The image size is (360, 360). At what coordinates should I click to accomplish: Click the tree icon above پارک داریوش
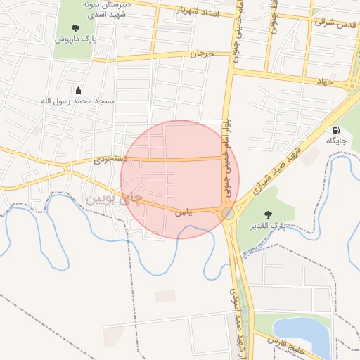pyautogui.click(x=75, y=29)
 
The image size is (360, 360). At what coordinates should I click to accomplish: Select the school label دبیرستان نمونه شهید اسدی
pyautogui.click(x=105, y=9)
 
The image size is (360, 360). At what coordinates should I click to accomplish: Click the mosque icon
pyautogui.click(x=78, y=90)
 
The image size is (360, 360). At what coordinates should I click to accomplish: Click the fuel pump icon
pyautogui.click(x=336, y=130)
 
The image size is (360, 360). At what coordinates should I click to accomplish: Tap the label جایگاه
pyautogui.click(x=336, y=141)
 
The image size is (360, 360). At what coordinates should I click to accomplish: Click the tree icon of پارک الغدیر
pyautogui.click(x=267, y=214)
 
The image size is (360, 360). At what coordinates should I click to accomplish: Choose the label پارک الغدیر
pyautogui.click(x=268, y=226)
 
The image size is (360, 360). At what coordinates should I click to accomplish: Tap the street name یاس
pyautogui.click(x=182, y=211)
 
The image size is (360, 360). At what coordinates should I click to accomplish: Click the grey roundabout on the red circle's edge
pyautogui.click(x=228, y=212)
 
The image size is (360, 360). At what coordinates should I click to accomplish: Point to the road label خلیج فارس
pyautogui.click(x=285, y=342)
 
